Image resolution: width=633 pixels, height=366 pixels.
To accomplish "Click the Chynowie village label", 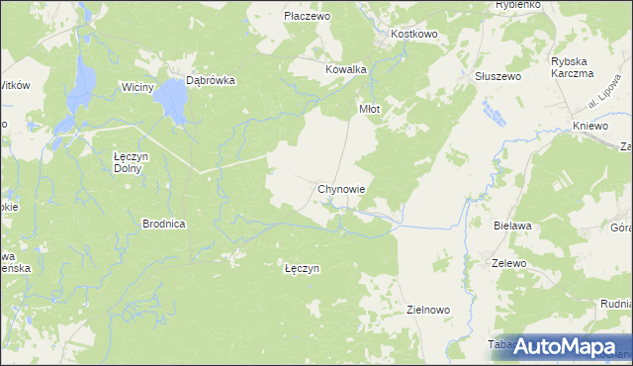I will pyautogui.click(x=343, y=188).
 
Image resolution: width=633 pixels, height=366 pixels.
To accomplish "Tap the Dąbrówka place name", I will pyautogui.click(x=211, y=82).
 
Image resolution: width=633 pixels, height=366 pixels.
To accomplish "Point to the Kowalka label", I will pyautogui.click(x=346, y=70).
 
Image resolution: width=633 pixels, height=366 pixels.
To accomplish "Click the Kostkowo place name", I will pyautogui.click(x=414, y=34).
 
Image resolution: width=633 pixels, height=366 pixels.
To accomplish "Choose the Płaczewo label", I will pyautogui.click(x=307, y=17).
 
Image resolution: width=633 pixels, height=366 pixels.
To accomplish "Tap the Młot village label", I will pyautogui.click(x=369, y=110).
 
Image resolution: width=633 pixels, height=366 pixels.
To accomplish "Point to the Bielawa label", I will pyautogui.click(x=512, y=227).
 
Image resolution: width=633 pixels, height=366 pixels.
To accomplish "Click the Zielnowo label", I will pyautogui.click(x=428, y=310).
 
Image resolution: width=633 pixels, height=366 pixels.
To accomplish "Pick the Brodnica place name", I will pyautogui.click(x=164, y=225).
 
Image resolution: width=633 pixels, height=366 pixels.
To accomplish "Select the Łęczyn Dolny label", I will pyautogui.click(x=131, y=161).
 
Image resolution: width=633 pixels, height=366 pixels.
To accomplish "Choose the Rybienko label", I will pyautogui.click(x=517, y=5).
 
